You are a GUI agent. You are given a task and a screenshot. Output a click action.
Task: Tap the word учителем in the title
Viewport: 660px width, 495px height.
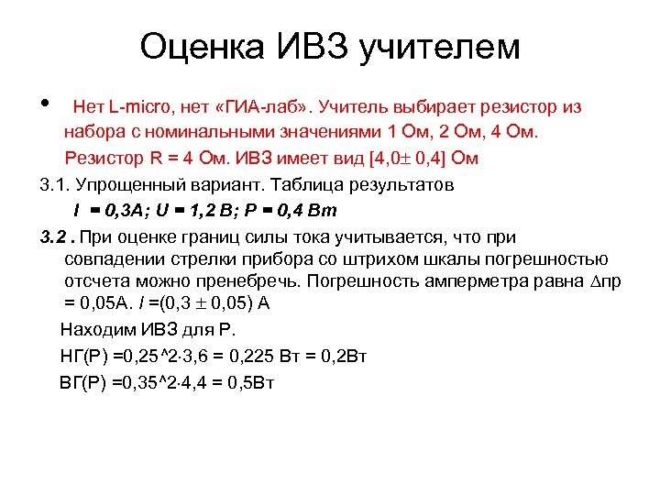(x=441, y=46)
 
